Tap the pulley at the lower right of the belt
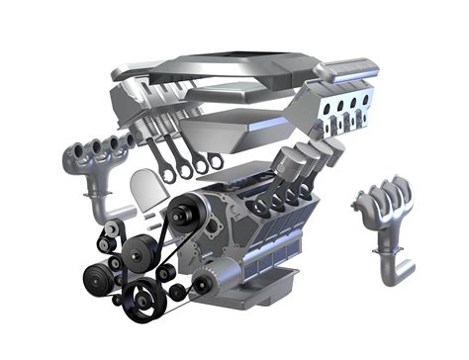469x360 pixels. pyautogui.click(x=202, y=288)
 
